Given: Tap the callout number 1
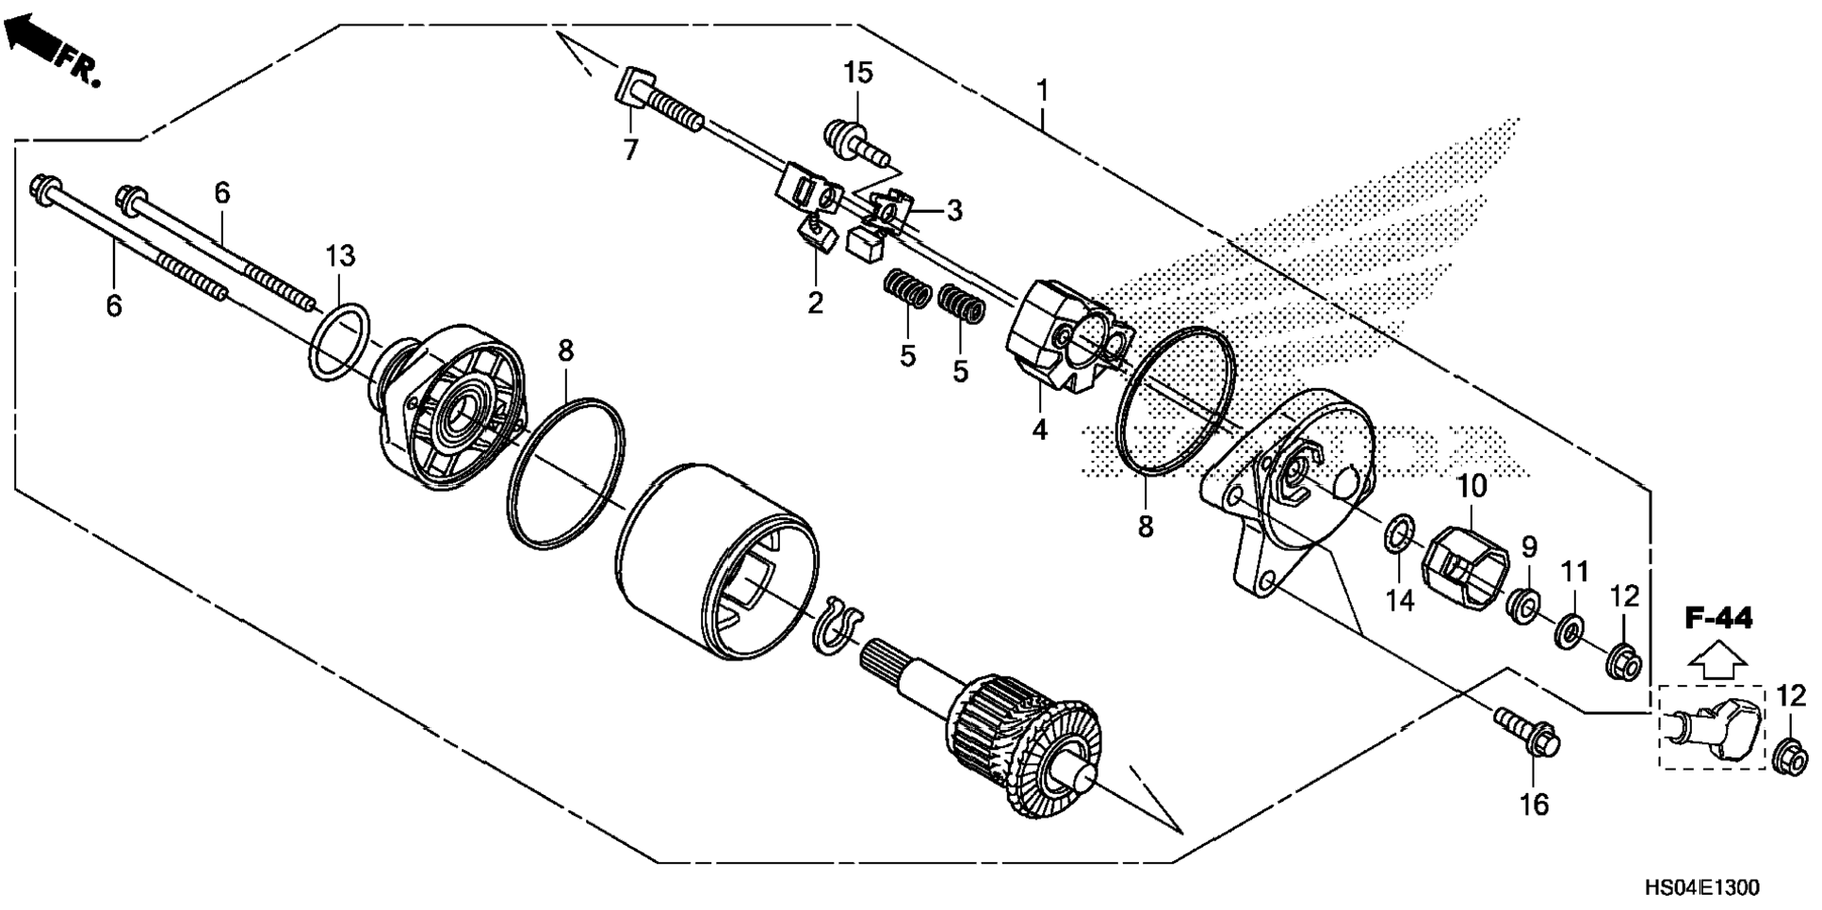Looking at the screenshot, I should [1042, 90].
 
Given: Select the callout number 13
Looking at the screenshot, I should [340, 255].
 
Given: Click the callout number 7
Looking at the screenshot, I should [630, 148].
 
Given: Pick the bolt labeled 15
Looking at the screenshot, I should [852, 138].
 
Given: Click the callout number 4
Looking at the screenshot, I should [1039, 430].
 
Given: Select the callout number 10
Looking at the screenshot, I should [1472, 487].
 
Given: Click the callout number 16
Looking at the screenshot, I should [1535, 804].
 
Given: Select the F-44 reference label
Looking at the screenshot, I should [1718, 619].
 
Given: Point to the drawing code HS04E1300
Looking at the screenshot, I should [1701, 887].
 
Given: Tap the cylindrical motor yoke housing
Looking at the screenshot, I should [721, 556].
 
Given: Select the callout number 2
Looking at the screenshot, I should [815, 302].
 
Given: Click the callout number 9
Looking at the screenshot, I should [1529, 546].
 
